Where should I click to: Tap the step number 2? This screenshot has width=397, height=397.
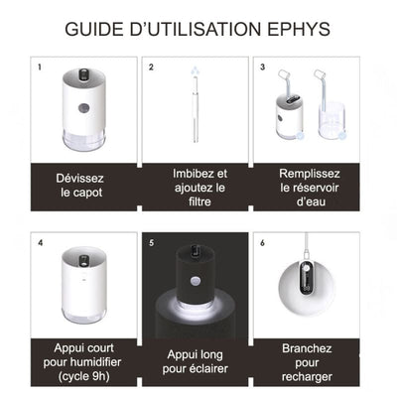pos(152,68)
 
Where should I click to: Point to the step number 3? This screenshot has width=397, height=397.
pos(262,68)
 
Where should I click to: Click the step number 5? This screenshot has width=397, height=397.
pos(152,241)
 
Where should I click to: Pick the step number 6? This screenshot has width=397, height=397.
pos(262,241)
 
